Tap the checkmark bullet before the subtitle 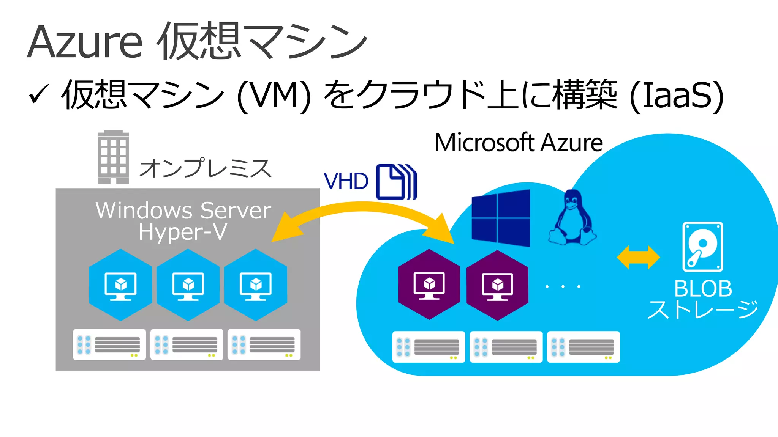[38, 94]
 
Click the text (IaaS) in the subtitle [676, 95]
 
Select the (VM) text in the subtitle [274, 95]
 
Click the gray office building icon [113, 157]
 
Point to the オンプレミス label [206, 168]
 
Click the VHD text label [346, 181]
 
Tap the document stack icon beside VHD [396, 182]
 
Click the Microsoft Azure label [519, 143]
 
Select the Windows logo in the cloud [501, 218]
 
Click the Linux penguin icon [572, 218]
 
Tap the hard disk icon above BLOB [702, 247]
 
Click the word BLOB [703, 289]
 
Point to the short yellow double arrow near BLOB [638, 257]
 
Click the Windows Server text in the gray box [183, 211]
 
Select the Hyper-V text [183, 232]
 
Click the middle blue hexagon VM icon [188, 285]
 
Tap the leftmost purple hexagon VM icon [429, 285]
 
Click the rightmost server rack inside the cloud [583, 347]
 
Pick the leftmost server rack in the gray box [109, 344]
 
